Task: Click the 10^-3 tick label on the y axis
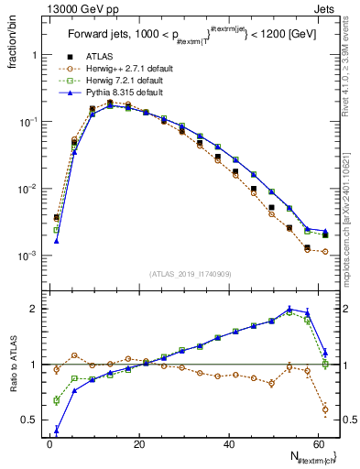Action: [x=27, y=256]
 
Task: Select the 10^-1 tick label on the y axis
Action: [x=27, y=122]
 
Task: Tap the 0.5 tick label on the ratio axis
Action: [x=28, y=420]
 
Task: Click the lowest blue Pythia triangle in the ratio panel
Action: [x=57, y=431]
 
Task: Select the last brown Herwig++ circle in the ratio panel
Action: [x=325, y=409]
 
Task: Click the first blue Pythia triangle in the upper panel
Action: [x=57, y=241]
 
